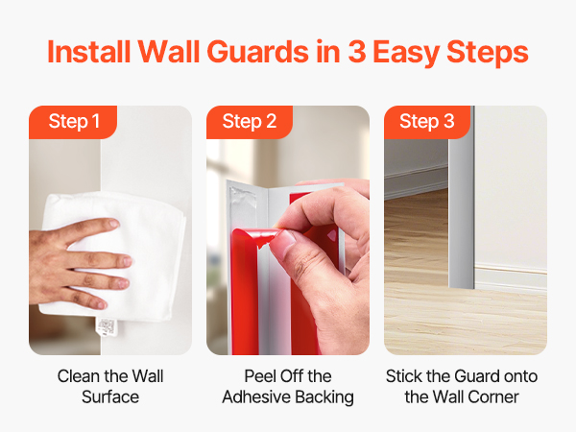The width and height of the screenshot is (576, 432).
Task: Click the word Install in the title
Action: pos(89,52)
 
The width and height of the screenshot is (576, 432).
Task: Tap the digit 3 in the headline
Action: pos(356,52)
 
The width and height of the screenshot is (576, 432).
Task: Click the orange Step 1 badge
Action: pos(73,122)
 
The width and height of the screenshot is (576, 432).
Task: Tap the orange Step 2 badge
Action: pos(250,122)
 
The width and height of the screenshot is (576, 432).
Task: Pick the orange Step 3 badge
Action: pos(427,122)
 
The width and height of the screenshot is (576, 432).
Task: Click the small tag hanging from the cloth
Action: pos(107,327)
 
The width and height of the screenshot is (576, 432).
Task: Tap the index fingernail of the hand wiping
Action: pos(113,223)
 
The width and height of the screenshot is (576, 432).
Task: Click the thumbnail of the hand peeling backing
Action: pos(285,241)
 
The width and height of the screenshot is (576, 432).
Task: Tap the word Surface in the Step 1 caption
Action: pos(110,397)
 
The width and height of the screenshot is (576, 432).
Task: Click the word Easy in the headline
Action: pos(406,52)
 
